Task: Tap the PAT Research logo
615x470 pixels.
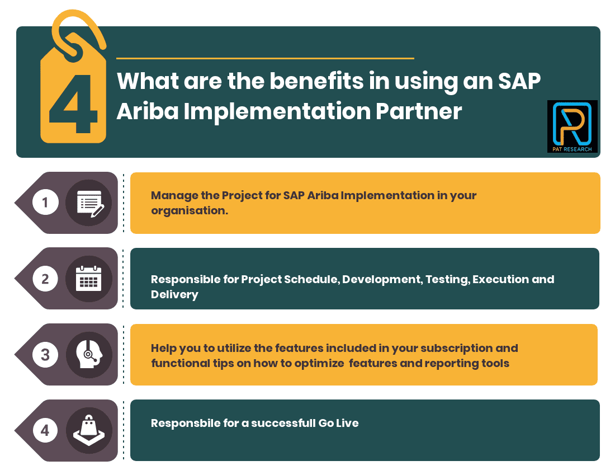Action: pos(572,126)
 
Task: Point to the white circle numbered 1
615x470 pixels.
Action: pos(45,203)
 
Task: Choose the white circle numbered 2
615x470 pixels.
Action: pos(45,279)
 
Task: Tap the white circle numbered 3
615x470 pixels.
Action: pos(45,355)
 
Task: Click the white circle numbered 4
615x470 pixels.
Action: pos(45,430)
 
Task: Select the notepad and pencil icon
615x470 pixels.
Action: pos(88,203)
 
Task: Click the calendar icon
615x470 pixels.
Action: pos(88,279)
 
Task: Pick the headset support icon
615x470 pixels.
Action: pos(88,355)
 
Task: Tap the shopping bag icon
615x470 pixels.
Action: pos(88,430)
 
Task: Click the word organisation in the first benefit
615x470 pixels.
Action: pos(188,211)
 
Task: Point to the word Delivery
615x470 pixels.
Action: pos(174,294)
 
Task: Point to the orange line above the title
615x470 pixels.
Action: pos(265,58)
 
